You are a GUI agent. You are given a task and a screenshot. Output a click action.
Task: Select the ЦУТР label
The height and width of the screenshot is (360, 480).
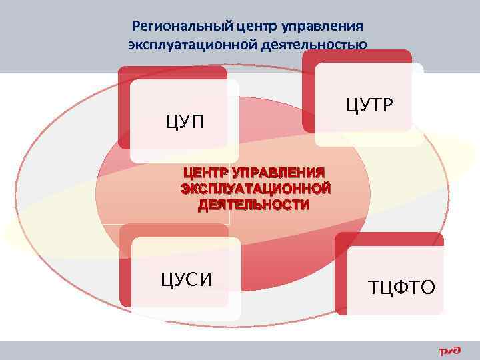click(369, 103)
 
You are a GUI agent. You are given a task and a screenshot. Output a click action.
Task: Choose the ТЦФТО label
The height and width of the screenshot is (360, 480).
click(401, 287)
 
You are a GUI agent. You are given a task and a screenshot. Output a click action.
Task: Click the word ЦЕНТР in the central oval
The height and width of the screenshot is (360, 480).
click(206, 173)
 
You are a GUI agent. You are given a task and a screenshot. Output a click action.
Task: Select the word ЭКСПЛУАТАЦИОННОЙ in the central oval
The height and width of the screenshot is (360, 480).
click(255, 189)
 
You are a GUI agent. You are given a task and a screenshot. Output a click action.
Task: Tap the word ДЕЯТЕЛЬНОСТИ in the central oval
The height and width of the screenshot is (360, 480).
click(253, 205)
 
